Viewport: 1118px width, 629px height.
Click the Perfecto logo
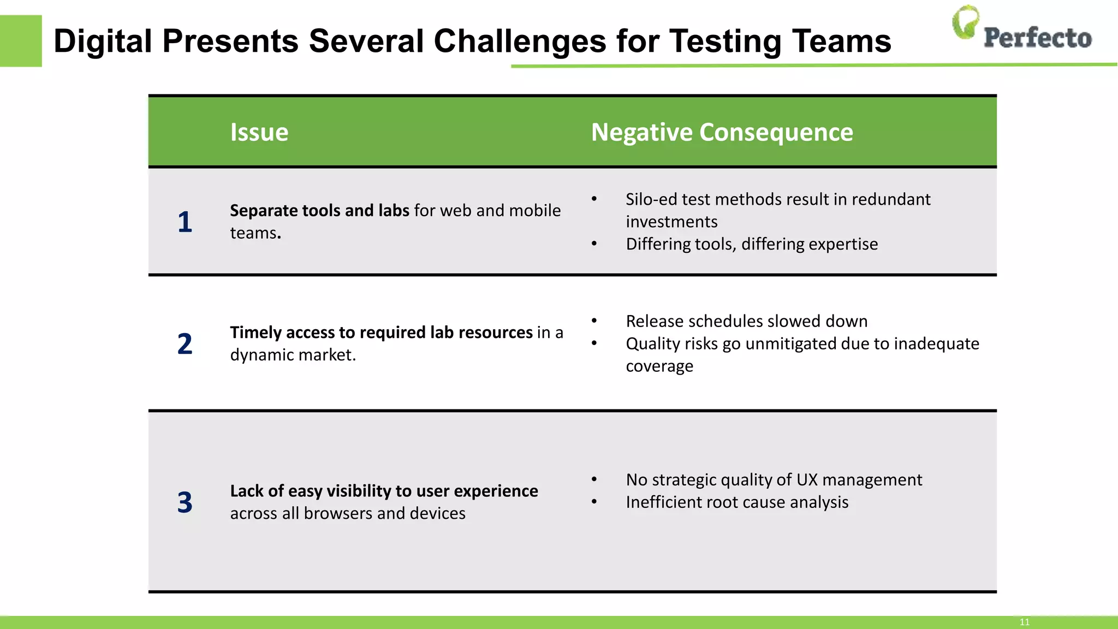(x=1021, y=28)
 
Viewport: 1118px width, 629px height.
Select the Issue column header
(x=259, y=132)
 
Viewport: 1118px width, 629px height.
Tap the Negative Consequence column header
(x=722, y=132)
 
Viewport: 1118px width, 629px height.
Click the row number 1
(x=185, y=222)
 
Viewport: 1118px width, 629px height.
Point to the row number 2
(x=185, y=344)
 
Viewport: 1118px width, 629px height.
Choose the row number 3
(x=185, y=502)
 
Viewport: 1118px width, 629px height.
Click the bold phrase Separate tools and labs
(x=319, y=211)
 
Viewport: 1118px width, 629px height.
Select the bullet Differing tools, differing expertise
(x=752, y=244)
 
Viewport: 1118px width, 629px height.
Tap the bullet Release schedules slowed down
(x=746, y=321)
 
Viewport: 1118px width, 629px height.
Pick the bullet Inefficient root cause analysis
(x=737, y=502)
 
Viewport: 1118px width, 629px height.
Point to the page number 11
(x=1024, y=622)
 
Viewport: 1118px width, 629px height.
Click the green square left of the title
(x=21, y=41)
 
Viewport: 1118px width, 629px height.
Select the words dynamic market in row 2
(x=293, y=355)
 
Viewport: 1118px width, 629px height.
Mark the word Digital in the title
(x=103, y=41)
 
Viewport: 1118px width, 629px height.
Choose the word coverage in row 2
(x=659, y=366)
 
